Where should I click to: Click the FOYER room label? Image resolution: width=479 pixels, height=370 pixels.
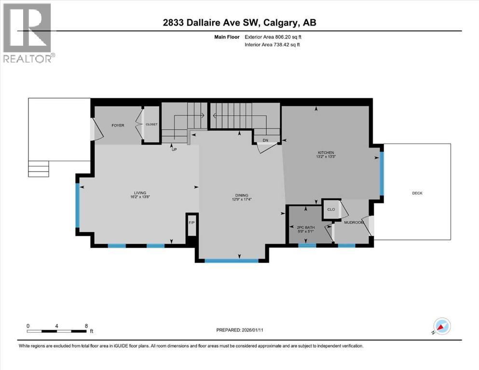118,125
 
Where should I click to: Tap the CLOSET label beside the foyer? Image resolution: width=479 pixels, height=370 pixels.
151,124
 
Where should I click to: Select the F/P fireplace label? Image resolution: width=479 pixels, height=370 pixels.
192,223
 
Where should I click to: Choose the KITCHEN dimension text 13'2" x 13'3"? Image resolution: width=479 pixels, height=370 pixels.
325,157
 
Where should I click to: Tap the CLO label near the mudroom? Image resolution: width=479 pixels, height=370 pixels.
331,209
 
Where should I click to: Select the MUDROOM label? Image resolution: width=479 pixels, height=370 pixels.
354,223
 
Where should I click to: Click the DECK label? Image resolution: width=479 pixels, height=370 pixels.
417,193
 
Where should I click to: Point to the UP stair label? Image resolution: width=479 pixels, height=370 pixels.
174,149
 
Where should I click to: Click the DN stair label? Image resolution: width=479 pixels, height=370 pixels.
265,140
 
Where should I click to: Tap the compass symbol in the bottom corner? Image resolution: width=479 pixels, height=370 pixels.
442,326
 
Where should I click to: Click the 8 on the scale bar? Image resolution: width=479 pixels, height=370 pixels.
86,326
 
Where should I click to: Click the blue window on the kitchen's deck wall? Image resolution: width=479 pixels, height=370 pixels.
382,173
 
